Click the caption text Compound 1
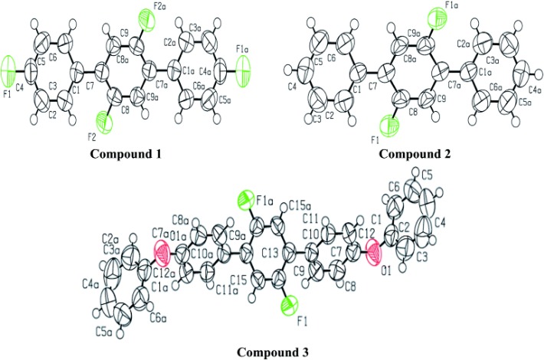[128, 153]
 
